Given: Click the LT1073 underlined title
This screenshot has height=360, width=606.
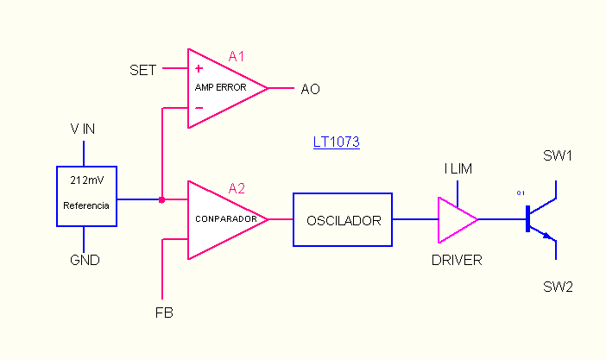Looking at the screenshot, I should (336, 142).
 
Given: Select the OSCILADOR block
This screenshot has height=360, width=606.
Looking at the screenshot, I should (343, 220).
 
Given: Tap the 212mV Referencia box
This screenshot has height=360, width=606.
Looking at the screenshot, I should (86, 195).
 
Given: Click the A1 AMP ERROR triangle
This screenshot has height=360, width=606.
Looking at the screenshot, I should (220, 88).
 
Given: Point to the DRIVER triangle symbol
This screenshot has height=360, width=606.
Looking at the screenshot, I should (455, 219).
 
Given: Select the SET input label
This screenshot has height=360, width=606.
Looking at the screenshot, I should (142, 70).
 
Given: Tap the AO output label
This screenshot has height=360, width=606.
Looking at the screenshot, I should (310, 89).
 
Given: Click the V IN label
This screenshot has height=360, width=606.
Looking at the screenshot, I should (83, 129).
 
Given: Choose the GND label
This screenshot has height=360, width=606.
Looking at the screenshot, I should (85, 260).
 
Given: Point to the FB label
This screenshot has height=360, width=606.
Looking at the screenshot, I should (163, 313).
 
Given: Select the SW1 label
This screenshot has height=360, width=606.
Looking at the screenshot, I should (558, 156).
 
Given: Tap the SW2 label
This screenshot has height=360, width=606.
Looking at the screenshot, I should (558, 286).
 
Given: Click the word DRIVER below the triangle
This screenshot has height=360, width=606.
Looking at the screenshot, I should (457, 259).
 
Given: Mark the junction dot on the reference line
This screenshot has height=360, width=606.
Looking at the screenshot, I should (161, 199).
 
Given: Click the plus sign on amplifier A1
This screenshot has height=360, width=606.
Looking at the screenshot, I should (199, 68).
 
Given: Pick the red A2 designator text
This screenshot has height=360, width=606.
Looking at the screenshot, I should (237, 188).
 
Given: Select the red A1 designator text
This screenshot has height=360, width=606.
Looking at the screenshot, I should (237, 57).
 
